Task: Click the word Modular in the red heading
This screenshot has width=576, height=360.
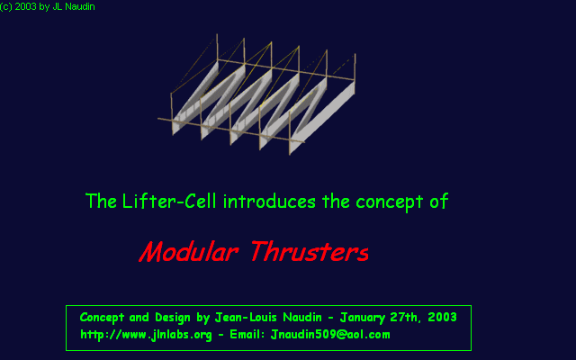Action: (188, 252)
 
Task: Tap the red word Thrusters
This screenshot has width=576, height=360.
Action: (310, 252)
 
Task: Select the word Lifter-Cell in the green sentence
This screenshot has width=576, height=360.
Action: (169, 202)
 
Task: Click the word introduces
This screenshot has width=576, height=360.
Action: (269, 202)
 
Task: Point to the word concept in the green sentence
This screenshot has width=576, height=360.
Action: (390, 202)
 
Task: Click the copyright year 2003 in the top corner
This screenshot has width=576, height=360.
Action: (26, 6)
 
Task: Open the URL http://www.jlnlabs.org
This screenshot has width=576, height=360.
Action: (146, 335)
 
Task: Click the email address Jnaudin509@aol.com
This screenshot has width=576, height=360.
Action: (330, 334)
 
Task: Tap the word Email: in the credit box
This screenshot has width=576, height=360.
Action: (247, 334)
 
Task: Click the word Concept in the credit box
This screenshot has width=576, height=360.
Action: (102, 318)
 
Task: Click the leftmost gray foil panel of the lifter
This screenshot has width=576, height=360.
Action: (195, 98)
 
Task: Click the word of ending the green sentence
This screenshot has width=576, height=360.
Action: (439, 202)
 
